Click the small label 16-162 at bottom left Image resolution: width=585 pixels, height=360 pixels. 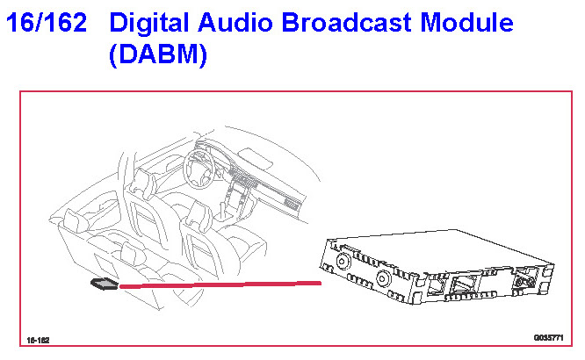tap(37, 338)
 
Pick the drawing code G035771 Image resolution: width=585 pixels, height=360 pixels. tap(547, 337)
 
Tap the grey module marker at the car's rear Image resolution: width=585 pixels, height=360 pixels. tap(104, 284)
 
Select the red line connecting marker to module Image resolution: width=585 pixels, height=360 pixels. tap(220, 284)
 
